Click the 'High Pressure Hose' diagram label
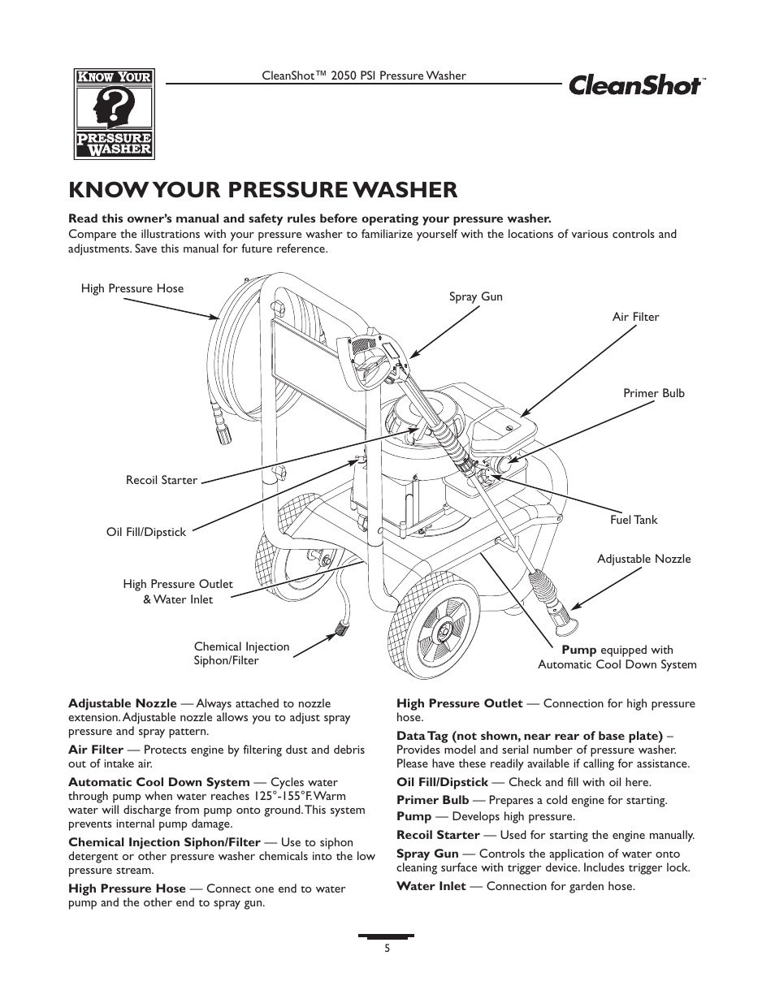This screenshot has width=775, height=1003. [132, 288]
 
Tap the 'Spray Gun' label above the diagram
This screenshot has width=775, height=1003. [475, 296]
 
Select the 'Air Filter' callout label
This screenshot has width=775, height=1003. [635, 317]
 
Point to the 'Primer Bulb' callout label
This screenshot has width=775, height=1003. [653, 393]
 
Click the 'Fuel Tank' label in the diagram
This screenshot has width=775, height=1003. [634, 520]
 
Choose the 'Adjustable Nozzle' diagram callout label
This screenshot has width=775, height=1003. [643, 559]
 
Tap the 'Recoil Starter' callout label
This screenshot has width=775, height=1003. [161, 480]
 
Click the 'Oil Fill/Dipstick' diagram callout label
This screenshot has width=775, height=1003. [145, 532]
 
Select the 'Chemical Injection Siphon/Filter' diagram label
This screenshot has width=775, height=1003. [241, 654]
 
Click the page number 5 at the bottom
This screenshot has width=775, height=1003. [387, 948]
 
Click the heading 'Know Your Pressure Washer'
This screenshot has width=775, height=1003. [262, 189]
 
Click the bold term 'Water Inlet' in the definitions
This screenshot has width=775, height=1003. [431, 886]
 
